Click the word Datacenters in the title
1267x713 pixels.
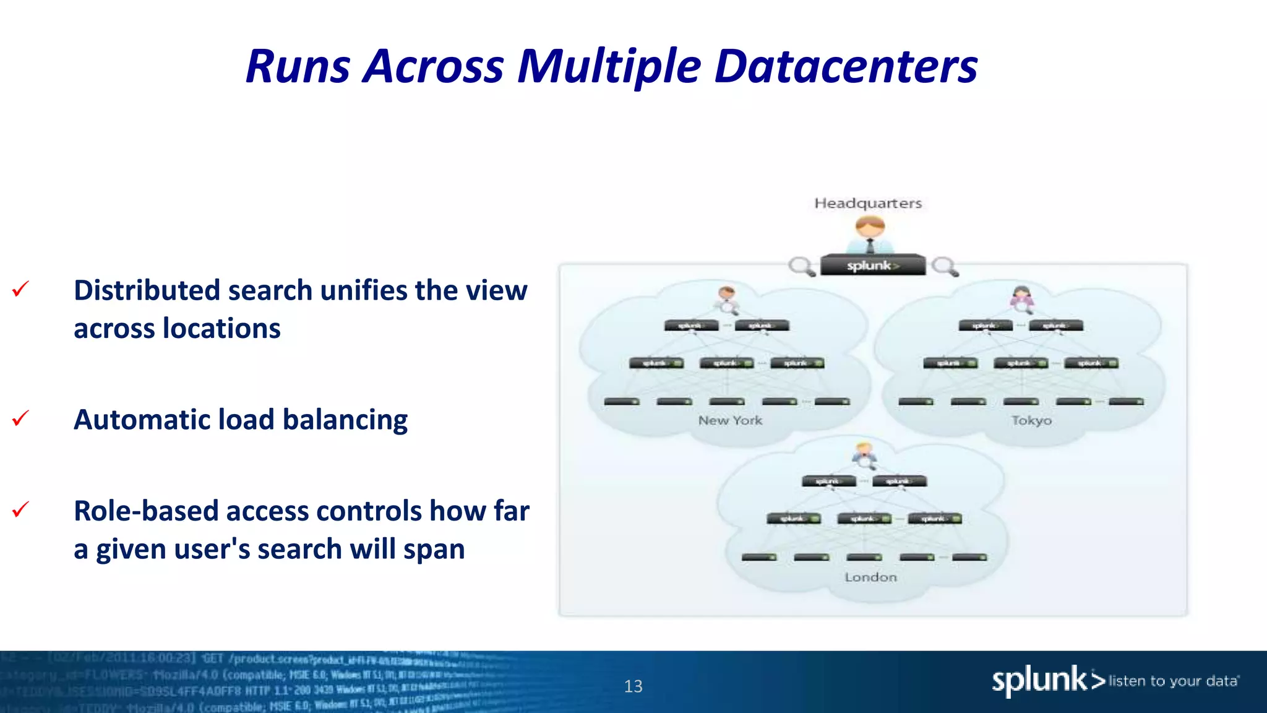846,66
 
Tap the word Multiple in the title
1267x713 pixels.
609,66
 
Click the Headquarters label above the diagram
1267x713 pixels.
867,203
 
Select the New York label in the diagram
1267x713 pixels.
730,420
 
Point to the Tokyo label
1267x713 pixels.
1031,420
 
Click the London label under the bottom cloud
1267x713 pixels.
870,577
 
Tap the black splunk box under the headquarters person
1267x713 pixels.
872,266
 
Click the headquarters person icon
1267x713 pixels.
870,234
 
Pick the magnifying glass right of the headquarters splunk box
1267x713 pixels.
945,267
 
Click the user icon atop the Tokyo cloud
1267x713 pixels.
1022,298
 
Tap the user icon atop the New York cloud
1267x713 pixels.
727,299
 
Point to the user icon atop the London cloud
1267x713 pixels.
864,455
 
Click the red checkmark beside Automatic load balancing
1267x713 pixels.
20,419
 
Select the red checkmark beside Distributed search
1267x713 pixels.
20,289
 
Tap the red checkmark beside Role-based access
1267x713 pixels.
20,510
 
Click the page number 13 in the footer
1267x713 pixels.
633,686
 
